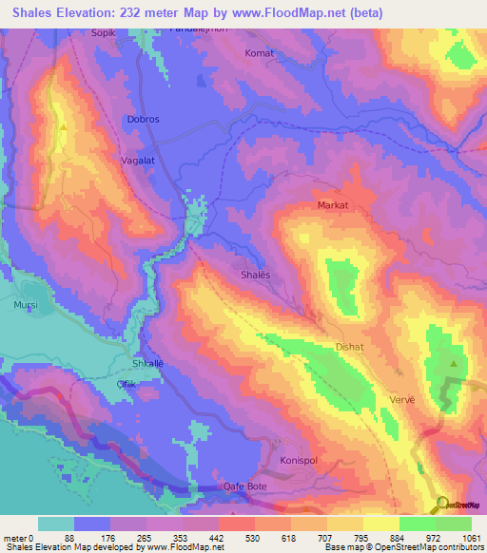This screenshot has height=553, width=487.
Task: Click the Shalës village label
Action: [254, 274]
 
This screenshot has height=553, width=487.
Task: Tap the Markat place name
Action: [333, 205]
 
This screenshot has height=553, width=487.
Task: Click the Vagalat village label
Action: [137, 162]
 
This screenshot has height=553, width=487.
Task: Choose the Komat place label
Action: [259, 53]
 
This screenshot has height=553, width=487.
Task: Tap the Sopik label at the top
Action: [103, 32]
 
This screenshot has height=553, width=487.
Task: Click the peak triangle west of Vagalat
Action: [64, 125]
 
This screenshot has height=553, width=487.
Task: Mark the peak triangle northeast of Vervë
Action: [454, 364]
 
